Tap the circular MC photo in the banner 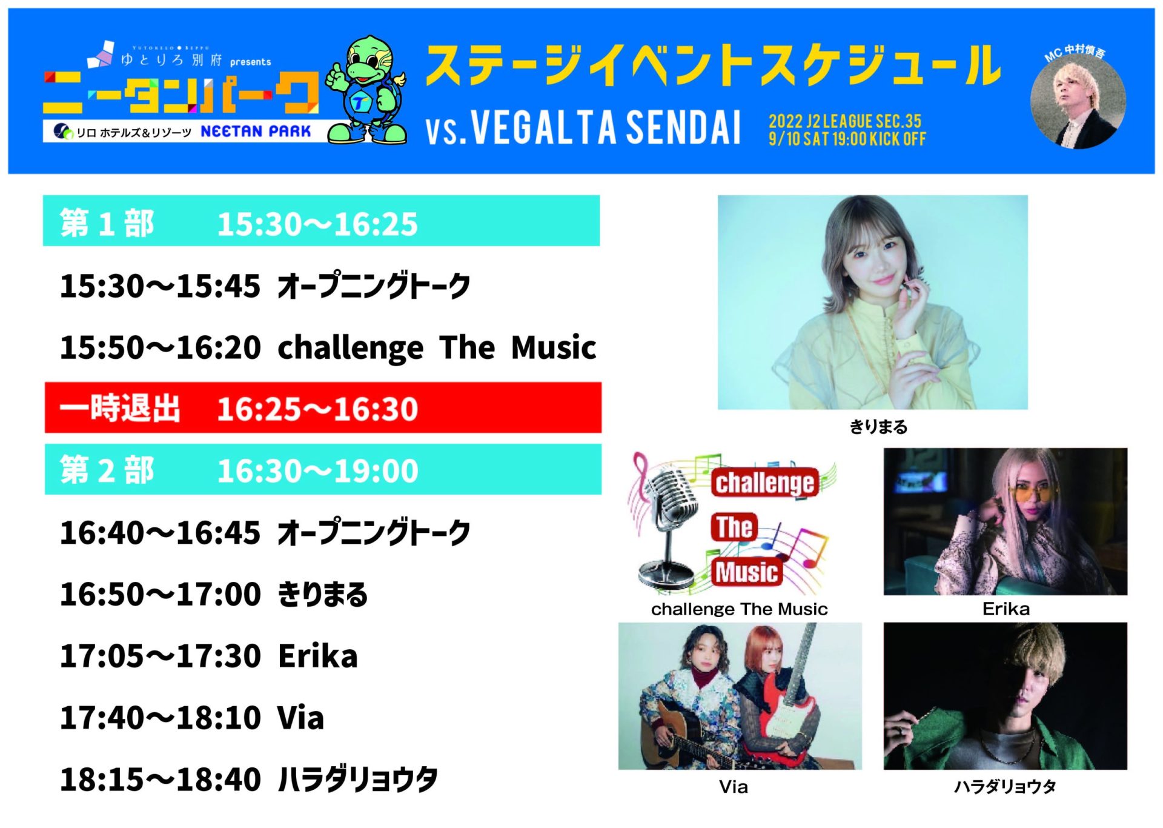[1078, 101]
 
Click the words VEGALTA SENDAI [606, 128]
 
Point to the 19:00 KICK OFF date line [847, 139]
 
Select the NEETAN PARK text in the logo [256, 132]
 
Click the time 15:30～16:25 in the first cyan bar [317, 224]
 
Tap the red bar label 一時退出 [120, 408]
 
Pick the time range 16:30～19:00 [317, 471]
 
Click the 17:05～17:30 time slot [160, 656]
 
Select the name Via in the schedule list [300, 718]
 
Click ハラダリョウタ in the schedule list [357, 780]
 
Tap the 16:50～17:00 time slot [160, 595]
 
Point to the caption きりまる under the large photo [878, 427]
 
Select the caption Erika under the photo [1006, 609]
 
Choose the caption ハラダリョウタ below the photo [1006, 787]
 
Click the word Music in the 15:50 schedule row [554, 348]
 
